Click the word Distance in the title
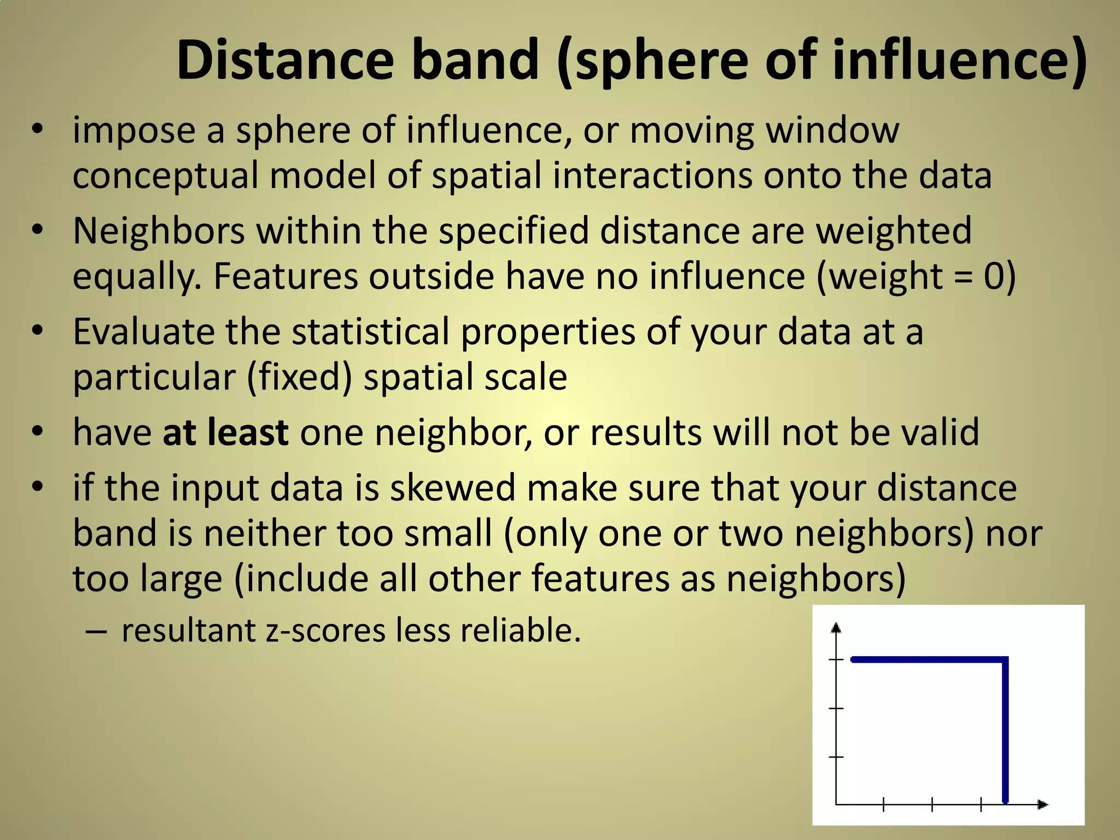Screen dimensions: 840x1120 [x=285, y=60]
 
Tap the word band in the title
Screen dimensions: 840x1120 [x=475, y=60]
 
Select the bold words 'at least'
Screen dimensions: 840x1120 [x=225, y=433]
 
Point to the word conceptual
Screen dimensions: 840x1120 [x=165, y=176]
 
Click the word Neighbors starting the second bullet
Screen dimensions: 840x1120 [x=159, y=231]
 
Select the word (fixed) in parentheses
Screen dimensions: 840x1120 [x=300, y=377]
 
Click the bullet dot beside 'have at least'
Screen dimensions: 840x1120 [x=37, y=431]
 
